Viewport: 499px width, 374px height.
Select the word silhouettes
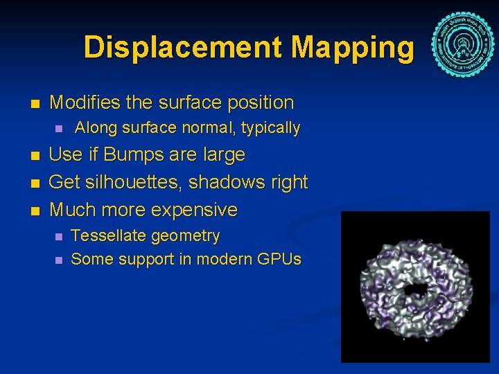(134, 182)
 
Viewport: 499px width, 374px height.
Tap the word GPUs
(278, 260)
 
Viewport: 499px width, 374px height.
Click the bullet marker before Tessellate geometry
(58, 237)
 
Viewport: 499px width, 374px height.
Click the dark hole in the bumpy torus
(417, 289)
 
